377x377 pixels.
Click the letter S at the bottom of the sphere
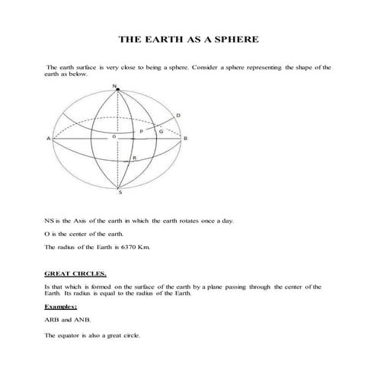tap(118, 194)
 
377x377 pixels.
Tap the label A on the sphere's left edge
tap(48, 139)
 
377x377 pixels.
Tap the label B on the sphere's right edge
tap(187, 139)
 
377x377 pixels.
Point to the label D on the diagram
tap(178, 115)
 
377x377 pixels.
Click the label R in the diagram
tap(134, 158)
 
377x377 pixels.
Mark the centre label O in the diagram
tap(113, 136)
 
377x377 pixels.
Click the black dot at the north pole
tap(117, 90)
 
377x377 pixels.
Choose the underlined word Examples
tap(61, 306)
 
